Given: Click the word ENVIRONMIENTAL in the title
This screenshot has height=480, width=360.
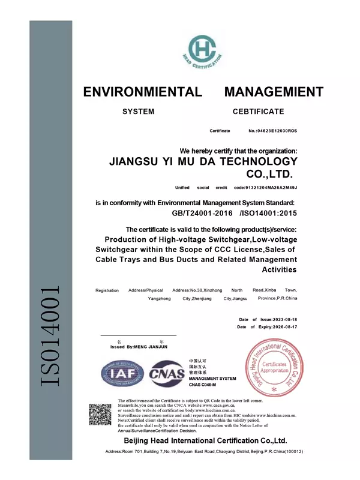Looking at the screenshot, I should pos(142,92).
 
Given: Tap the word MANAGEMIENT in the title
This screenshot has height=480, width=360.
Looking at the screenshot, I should pos(274,92).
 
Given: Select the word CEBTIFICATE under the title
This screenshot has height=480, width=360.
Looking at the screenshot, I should pos(258,112).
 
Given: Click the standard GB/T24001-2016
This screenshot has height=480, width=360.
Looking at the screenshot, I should pos(197,213).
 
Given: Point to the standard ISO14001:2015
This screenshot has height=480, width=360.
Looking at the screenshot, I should pos(268,213).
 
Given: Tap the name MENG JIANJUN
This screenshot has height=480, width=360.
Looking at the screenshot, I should pos(154,347).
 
